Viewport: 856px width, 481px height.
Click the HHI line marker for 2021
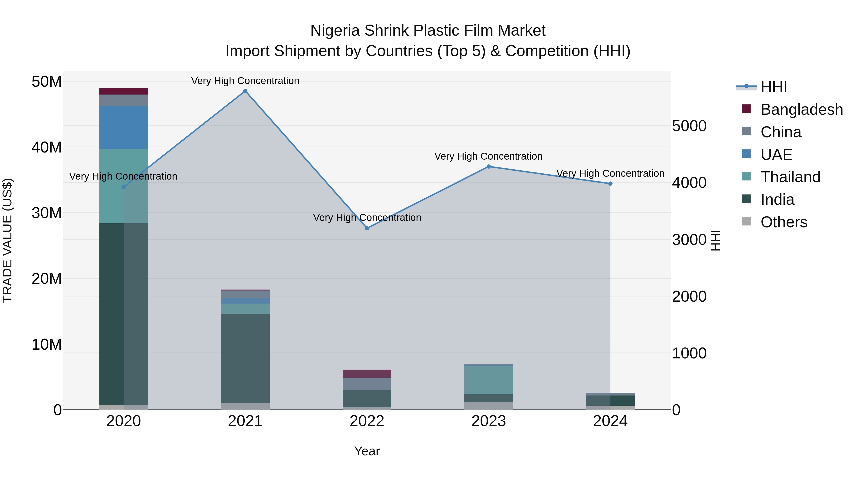pos(245,91)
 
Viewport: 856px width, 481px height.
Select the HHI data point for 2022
pos(367,228)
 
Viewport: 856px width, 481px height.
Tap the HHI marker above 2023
pos(488,167)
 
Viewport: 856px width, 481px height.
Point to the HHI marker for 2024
pos(610,184)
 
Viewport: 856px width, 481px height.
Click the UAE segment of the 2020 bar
pos(124,128)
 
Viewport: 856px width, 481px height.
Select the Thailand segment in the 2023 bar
pos(488,380)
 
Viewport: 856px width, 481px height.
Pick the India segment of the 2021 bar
pos(245,358)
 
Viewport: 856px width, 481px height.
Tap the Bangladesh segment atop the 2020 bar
pos(124,91)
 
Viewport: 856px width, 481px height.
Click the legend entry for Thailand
pos(790,177)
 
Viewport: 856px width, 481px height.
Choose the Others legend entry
pos(783,222)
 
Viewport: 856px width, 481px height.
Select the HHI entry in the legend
pos(773,87)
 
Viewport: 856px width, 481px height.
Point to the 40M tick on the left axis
pos(47,147)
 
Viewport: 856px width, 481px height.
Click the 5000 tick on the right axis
pos(689,126)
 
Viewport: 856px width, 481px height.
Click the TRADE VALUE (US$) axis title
pos(7,240)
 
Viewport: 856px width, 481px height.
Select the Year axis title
pos(367,451)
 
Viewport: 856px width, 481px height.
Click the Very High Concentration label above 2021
pos(245,81)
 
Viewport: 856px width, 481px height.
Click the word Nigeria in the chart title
pos(335,31)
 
